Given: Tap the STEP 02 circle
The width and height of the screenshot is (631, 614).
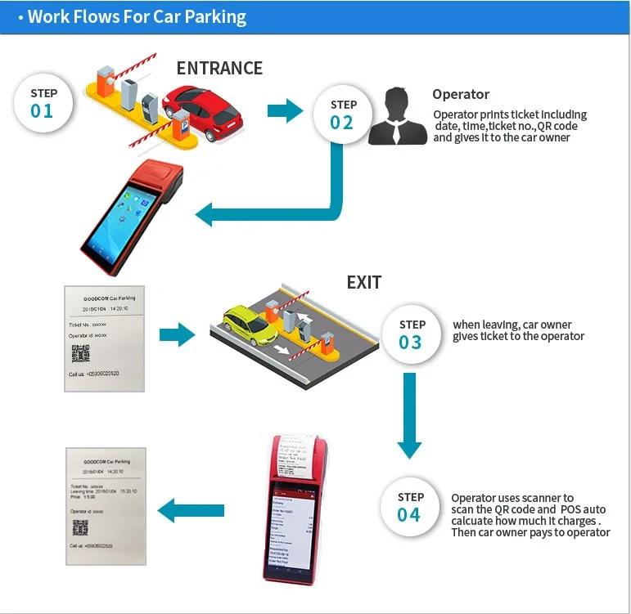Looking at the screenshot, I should click(342, 114).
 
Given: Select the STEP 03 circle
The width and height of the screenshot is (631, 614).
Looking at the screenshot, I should click(410, 334).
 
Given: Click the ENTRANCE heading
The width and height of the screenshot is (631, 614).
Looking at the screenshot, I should click(219, 68).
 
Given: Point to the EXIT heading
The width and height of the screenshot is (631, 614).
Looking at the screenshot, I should click(363, 282).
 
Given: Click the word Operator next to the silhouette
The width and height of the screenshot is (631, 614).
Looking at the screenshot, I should click(461, 95).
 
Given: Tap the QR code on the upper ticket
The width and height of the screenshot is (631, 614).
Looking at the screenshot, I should click(79, 353).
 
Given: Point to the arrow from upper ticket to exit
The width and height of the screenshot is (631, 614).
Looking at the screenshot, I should click(177, 333).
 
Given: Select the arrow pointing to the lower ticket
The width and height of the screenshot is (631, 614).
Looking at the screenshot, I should click(190, 512).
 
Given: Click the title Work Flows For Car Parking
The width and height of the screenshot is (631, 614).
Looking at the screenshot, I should click(136, 16).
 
